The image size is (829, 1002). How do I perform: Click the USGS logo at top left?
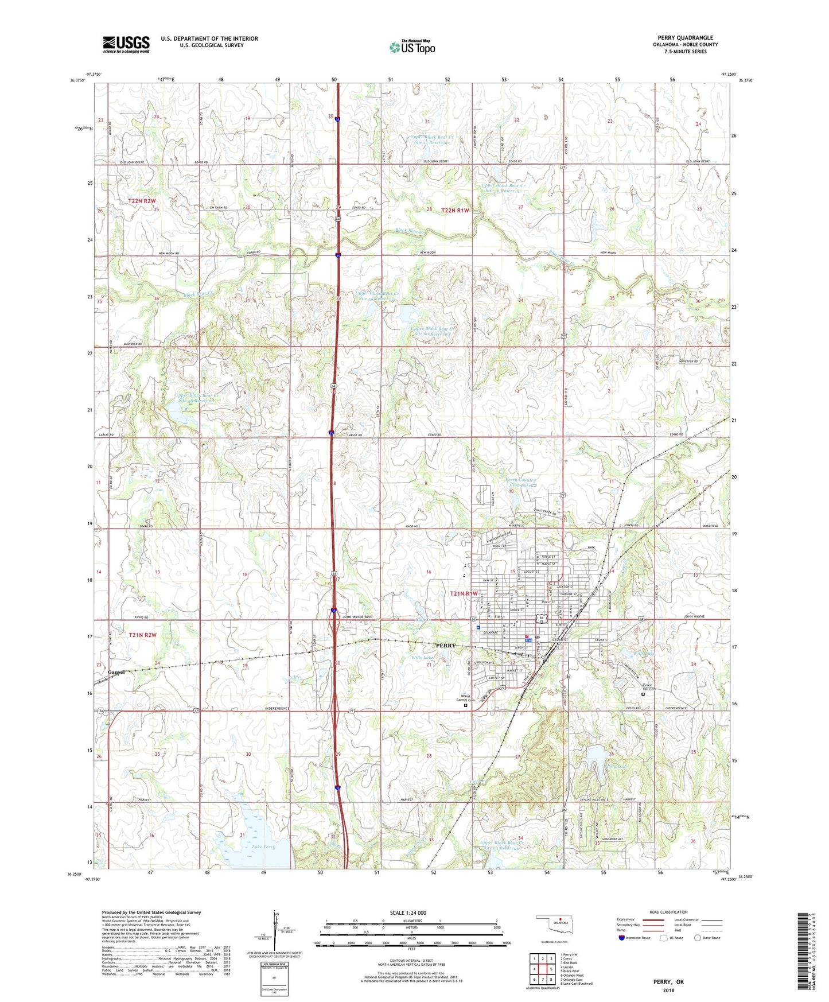pos(126,44)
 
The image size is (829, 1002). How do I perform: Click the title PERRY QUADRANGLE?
pos(686,38)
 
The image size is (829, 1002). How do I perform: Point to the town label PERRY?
pos(445,646)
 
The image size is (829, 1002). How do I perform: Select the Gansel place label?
pos(116,671)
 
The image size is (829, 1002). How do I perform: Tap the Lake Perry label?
pos(263,846)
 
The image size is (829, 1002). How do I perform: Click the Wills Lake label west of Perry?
pos(422,658)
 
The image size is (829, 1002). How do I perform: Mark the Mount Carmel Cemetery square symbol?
pos(466,706)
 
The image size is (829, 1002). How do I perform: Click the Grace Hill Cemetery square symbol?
pos(643,694)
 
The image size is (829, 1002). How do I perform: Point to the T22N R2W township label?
pos(142,201)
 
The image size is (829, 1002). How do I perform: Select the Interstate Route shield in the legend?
pos(622,938)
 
